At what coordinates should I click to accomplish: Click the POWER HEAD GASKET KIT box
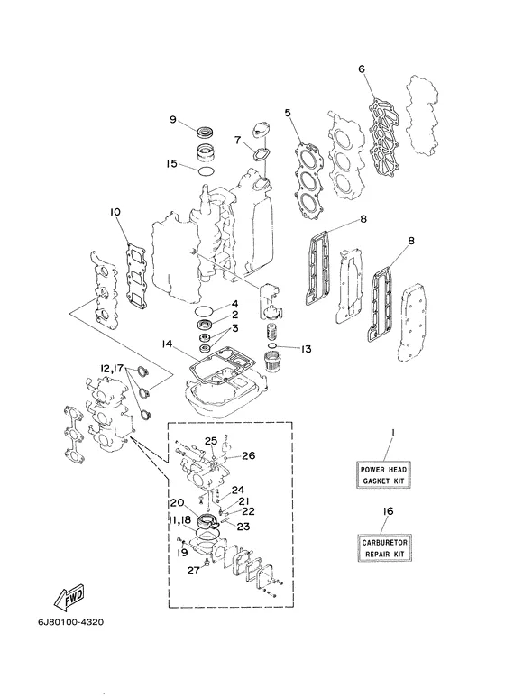click(x=382, y=475)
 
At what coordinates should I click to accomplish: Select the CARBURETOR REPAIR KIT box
click(x=384, y=548)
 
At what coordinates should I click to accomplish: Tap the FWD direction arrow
click(x=69, y=599)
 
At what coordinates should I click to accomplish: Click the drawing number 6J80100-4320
click(x=70, y=622)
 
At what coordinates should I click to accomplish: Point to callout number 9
click(x=173, y=119)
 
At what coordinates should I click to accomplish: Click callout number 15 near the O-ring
click(x=171, y=163)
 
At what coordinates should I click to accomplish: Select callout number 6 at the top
click(x=361, y=69)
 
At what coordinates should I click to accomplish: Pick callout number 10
click(x=115, y=213)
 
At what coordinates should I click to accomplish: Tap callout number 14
click(x=167, y=344)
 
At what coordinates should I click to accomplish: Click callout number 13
click(x=306, y=349)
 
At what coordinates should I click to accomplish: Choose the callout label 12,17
click(x=112, y=369)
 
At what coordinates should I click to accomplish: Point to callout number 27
click(x=193, y=570)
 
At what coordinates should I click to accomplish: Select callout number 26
click(x=249, y=455)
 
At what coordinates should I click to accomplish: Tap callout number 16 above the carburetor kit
click(x=388, y=511)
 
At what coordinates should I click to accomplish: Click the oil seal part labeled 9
click(x=206, y=132)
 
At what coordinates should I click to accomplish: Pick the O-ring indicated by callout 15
click(x=207, y=171)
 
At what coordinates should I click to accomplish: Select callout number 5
click(x=288, y=113)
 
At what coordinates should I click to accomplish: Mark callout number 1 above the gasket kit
click(x=393, y=433)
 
